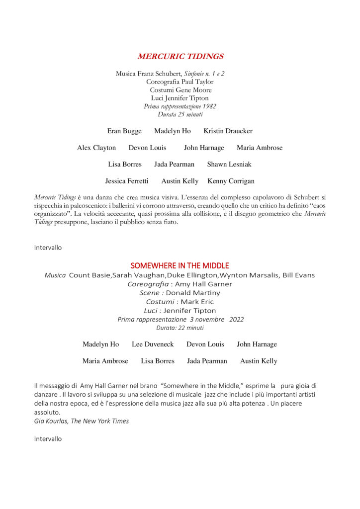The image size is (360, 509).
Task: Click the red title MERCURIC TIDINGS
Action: coord(180,56)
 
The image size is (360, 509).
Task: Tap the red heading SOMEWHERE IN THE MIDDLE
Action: coord(180,265)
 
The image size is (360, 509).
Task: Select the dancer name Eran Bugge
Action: coord(124,131)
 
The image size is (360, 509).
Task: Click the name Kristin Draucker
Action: coord(228,131)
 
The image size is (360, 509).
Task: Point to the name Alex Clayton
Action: coord(96,148)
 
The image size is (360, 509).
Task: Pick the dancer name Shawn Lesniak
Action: coord(229,164)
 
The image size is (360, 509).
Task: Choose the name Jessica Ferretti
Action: coord(127,181)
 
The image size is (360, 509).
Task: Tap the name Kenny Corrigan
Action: coord(231,181)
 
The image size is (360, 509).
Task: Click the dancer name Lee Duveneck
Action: coord(153,344)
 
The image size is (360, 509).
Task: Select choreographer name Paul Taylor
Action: coord(197,82)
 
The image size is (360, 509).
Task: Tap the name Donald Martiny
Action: coord(193,293)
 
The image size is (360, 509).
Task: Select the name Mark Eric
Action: coord(197,302)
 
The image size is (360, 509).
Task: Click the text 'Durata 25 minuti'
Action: coord(180,114)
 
